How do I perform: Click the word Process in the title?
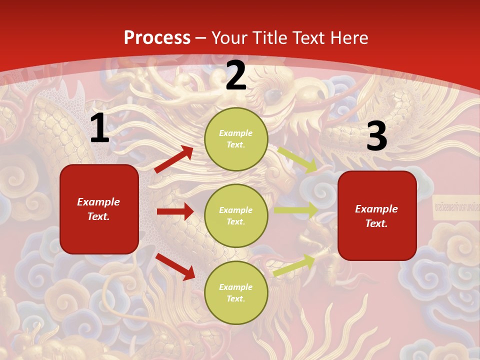click(x=157, y=38)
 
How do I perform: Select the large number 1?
click(x=99, y=128)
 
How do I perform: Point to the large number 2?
click(x=236, y=75)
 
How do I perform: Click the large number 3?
click(x=376, y=136)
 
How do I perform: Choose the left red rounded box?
click(x=99, y=209)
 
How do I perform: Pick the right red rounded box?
click(x=377, y=215)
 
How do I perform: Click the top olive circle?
click(x=236, y=139)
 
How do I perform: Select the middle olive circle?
click(x=236, y=215)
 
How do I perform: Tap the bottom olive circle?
click(x=236, y=292)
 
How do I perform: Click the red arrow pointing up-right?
click(x=174, y=159)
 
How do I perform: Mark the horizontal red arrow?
click(x=175, y=211)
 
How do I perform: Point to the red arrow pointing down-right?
click(x=175, y=266)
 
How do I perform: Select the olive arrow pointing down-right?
click(x=298, y=160)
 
